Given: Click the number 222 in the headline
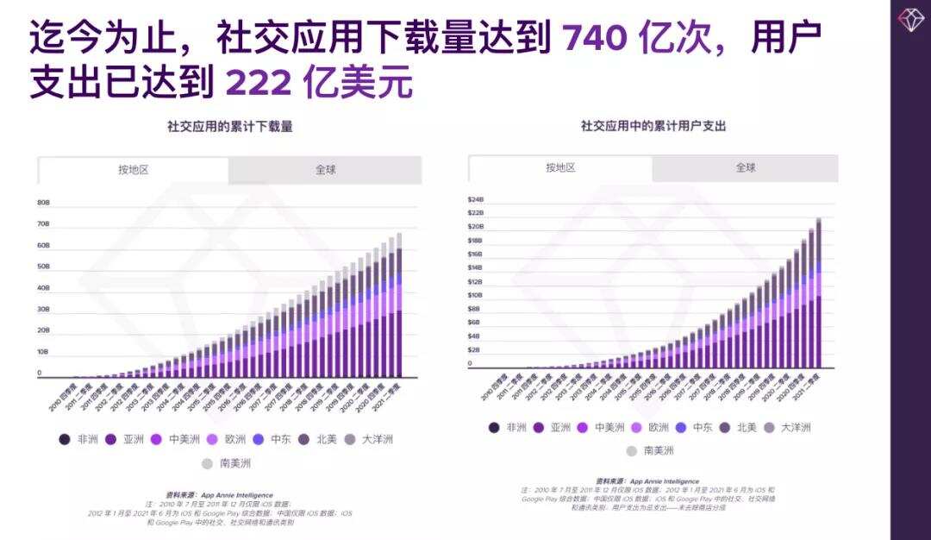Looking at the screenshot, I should tap(259, 83).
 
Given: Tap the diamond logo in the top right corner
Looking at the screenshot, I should tap(910, 19).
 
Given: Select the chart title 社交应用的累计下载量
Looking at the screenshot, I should tap(229, 127).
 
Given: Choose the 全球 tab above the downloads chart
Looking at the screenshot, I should tap(325, 170).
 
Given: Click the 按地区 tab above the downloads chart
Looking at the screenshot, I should tap(134, 170).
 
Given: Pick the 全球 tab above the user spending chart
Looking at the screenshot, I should tap(745, 167).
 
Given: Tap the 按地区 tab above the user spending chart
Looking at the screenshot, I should tap(560, 168).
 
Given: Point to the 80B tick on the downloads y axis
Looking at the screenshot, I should tap(43, 203).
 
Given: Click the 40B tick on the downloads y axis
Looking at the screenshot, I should tap(43, 288).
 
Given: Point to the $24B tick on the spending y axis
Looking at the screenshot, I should tap(476, 199).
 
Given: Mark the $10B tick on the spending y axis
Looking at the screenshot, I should tap(476, 295).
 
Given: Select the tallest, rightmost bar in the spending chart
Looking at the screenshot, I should tap(817, 293).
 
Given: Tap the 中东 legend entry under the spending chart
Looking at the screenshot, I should tap(693, 427).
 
